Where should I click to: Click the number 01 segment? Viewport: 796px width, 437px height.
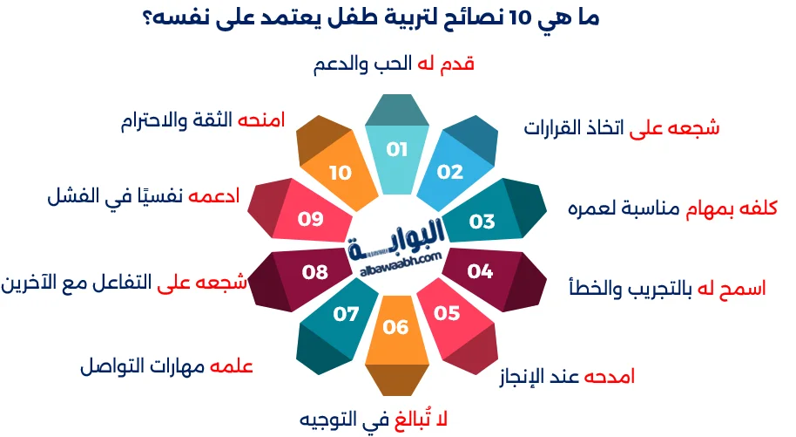pyautogui.click(x=397, y=150)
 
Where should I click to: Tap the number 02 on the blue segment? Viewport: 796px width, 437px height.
pyautogui.click(x=450, y=172)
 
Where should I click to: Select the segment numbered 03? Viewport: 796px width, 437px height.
pyautogui.click(x=482, y=222)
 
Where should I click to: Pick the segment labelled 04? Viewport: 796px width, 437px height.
pyautogui.click(x=480, y=271)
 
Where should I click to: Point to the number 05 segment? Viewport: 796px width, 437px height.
pyautogui.click(x=447, y=312)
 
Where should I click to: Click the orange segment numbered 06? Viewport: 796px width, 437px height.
pyautogui.click(x=395, y=327)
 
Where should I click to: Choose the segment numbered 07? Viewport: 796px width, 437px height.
pyautogui.click(x=346, y=313)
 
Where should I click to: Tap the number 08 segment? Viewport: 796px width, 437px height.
pyautogui.click(x=315, y=272)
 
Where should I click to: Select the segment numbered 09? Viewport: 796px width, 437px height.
pyautogui.click(x=311, y=219)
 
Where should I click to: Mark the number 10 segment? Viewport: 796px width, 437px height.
pyautogui.click(x=341, y=173)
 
